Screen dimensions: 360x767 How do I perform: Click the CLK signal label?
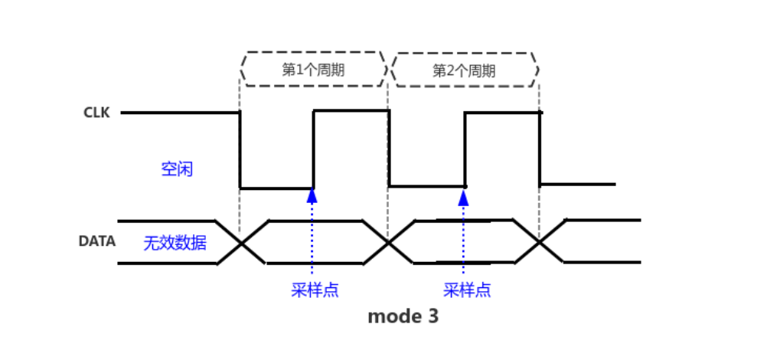pos(96,113)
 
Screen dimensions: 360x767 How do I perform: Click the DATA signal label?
pos(97,241)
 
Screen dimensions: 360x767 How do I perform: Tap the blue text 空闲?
pos(177,169)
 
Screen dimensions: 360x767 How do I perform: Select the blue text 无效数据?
pos(175,243)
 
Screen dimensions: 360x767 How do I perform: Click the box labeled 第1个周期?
pos(313,70)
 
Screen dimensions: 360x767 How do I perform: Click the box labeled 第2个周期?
pos(464,70)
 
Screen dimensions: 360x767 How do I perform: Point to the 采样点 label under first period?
pos(315,290)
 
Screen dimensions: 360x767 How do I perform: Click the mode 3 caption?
pos(403,316)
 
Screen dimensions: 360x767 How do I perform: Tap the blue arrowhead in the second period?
pos(463,196)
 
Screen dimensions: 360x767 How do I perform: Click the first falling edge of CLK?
pos(240,150)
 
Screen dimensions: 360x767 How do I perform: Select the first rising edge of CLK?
pos(313,149)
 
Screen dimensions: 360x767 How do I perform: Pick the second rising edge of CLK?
pos(465,149)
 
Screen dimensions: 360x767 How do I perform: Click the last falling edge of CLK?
pos(540,148)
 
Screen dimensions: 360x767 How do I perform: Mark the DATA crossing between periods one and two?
pos(388,242)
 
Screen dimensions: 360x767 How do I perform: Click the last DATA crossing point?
pos(540,242)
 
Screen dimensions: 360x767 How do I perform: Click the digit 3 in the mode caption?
pos(433,316)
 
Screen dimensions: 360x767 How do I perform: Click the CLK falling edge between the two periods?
pos(389,148)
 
